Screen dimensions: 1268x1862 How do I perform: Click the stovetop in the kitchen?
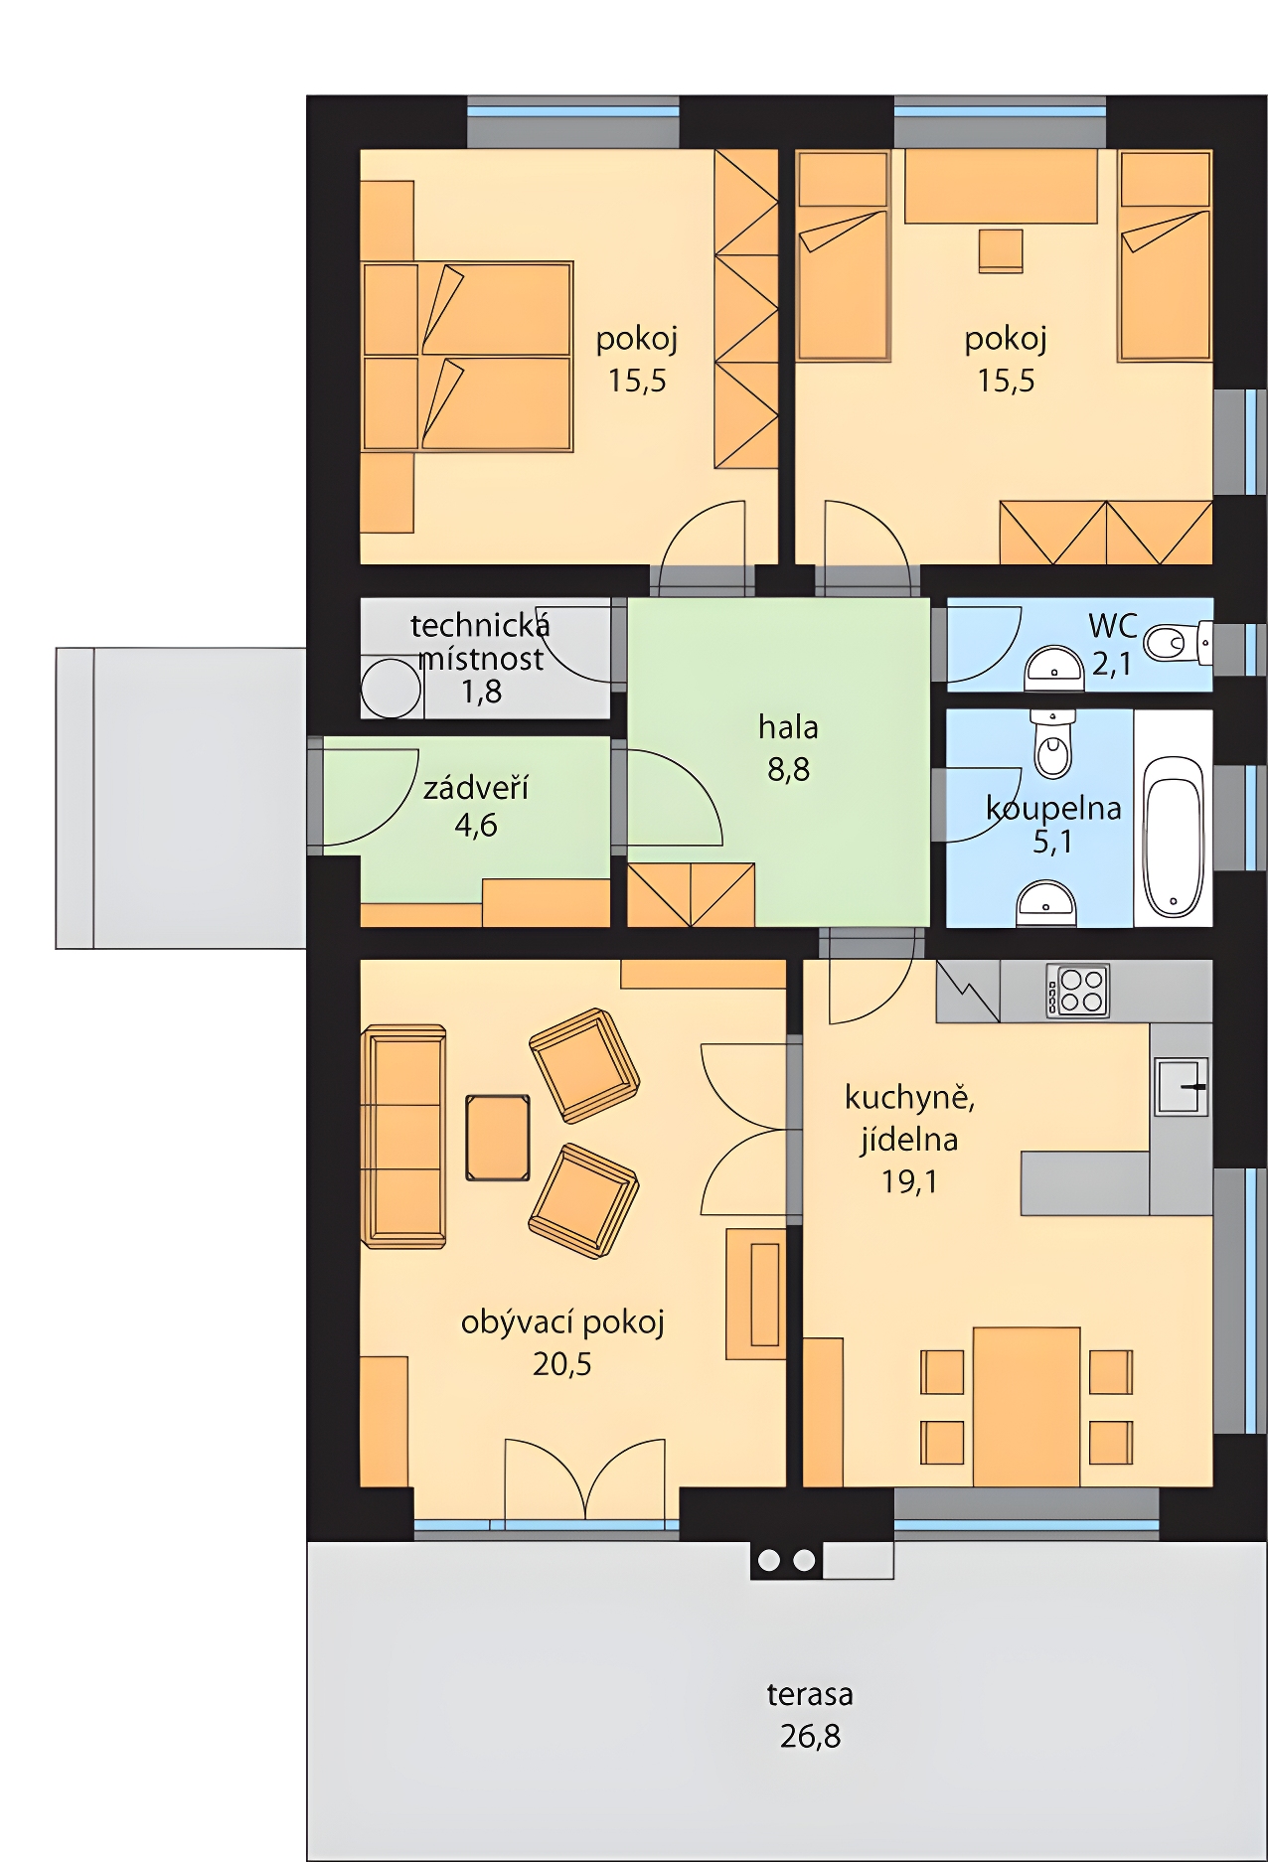pyautogui.click(x=1077, y=991)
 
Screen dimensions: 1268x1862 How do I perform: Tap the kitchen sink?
pyautogui.click(x=1181, y=1086)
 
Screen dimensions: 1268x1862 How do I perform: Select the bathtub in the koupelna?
pyautogui.click(x=1174, y=837)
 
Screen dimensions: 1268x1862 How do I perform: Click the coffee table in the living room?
pyautogui.click(x=498, y=1138)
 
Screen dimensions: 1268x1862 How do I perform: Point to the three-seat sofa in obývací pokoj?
pyautogui.click(x=404, y=1137)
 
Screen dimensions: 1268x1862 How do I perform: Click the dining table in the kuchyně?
pyautogui.click(x=1027, y=1406)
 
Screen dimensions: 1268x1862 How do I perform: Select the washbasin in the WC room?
pyautogui.click(x=1053, y=666)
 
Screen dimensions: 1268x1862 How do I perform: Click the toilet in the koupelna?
pyautogui.click(x=1053, y=743)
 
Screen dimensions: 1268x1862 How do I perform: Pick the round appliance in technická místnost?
pyautogui.click(x=391, y=688)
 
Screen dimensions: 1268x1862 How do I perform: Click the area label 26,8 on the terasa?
pyautogui.click(x=810, y=1736)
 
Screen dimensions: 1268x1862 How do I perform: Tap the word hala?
pyautogui.click(x=788, y=727)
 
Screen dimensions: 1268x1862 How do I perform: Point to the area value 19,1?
pyautogui.click(x=909, y=1181)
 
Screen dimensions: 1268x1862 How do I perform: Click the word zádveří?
pyautogui.click(x=476, y=788)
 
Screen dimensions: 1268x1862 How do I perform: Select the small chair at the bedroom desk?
pyautogui.click(x=1001, y=250)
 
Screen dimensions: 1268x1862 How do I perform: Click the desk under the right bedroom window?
pyautogui.click(x=1001, y=186)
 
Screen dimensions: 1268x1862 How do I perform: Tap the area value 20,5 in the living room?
pyautogui.click(x=562, y=1364)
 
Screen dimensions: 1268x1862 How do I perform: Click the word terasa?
pyautogui.click(x=810, y=1694)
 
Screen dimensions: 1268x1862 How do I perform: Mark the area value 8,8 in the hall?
pyautogui.click(x=788, y=769)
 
